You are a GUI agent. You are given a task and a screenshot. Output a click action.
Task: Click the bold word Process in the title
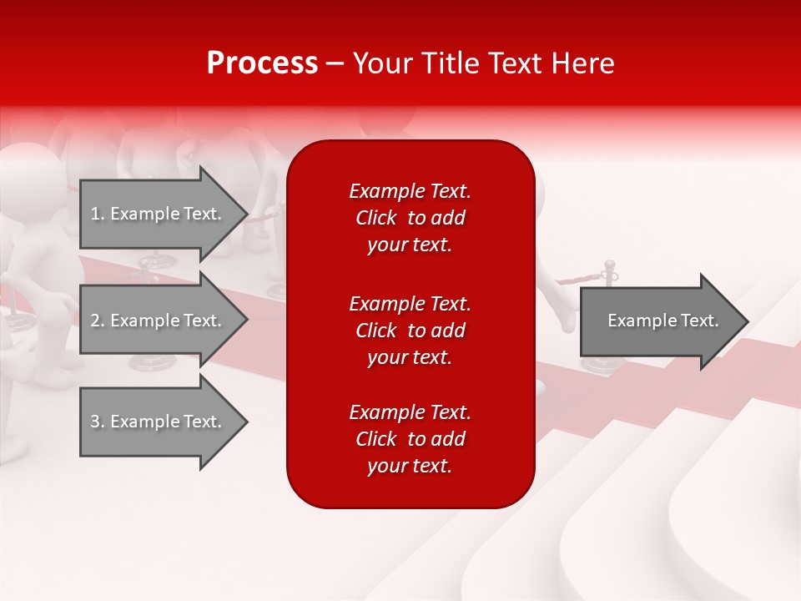(262, 63)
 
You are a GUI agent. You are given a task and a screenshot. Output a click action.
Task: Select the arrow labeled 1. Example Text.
(157, 214)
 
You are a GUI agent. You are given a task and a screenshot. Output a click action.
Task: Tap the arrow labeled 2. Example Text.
(157, 321)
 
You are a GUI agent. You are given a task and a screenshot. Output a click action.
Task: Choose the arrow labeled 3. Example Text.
(157, 422)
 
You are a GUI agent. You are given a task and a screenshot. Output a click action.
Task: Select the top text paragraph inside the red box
(410, 218)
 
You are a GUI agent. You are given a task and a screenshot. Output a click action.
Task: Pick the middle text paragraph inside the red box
(410, 331)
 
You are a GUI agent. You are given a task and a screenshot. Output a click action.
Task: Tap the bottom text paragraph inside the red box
(410, 439)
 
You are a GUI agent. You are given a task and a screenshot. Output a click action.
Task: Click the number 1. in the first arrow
(98, 214)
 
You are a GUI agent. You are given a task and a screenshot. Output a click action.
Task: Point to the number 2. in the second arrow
(98, 321)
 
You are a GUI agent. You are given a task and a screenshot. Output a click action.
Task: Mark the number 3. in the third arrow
(98, 422)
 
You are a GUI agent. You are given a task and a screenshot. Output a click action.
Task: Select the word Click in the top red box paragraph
(376, 218)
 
